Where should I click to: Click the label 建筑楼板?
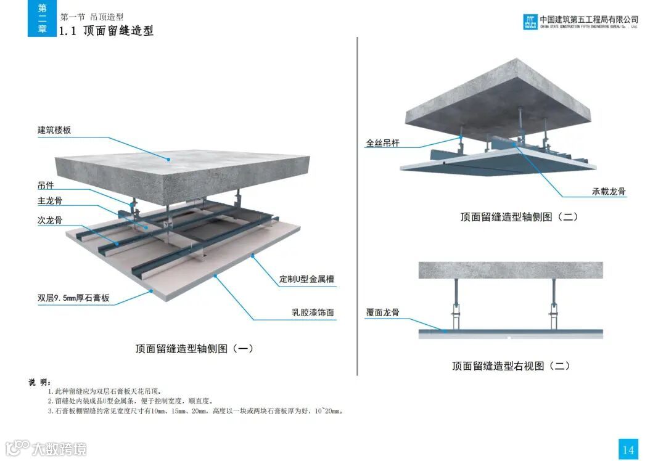point(54,130)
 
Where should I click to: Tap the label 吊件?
point(46,185)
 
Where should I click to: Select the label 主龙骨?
point(50,201)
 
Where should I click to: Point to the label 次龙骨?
point(50,220)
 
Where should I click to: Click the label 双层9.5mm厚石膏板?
point(73,298)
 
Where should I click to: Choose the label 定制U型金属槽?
point(306,279)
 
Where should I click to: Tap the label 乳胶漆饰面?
point(313,312)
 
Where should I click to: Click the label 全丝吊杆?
point(383,143)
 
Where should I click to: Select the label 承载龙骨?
point(609,192)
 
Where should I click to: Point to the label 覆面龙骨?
point(383,312)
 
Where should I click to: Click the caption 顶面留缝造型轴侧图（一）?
point(194,349)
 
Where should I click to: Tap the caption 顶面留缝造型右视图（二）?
point(511,366)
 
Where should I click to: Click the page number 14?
point(628,450)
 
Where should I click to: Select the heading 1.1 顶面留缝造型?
point(106,31)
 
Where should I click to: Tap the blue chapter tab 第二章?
point(42,18)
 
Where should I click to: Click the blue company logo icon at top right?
point(530,22)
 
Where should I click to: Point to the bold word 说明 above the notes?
point(40,382)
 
